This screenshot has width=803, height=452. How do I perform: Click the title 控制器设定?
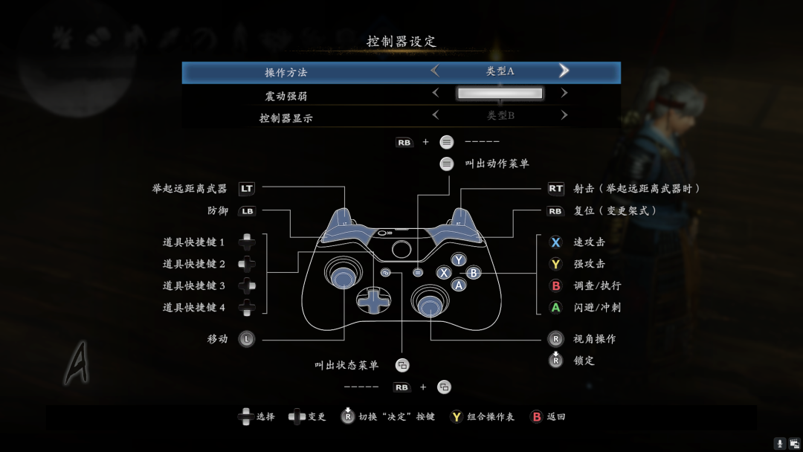(x=401, y=42)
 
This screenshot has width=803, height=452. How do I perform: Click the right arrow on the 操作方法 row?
(x=564, y=71)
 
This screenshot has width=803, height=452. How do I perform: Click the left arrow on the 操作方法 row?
(x=435, y=71)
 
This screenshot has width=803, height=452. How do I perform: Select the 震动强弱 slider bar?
(x=500, y=94)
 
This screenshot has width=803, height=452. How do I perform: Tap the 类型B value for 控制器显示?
(x=500, y=116)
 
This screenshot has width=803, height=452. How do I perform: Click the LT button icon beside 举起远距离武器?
(x=246, y=189)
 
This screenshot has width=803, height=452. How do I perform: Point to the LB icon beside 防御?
(x=247, y=211)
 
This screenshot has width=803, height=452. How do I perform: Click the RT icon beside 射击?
(x=555, y=189)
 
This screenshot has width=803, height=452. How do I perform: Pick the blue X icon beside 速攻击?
(x=555, y=242)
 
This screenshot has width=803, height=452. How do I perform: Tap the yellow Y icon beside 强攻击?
(x=555, y=264)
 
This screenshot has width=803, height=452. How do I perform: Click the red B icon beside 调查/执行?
(x=555, y=285)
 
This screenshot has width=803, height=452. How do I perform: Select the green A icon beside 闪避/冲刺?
(x=555, y=307)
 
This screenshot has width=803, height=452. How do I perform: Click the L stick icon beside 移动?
(x=247, y=339)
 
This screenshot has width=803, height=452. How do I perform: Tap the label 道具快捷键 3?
(x=193, y=286)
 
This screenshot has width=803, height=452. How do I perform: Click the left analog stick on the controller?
(x=343, y=277)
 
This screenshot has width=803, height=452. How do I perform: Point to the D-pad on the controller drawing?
(x=373, y=298)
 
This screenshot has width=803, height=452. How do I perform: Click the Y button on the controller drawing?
(x=459, y=259)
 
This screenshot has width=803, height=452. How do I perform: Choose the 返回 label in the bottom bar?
(x=556, y=417)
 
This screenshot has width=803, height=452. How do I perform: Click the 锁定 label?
(x=584, y=361)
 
